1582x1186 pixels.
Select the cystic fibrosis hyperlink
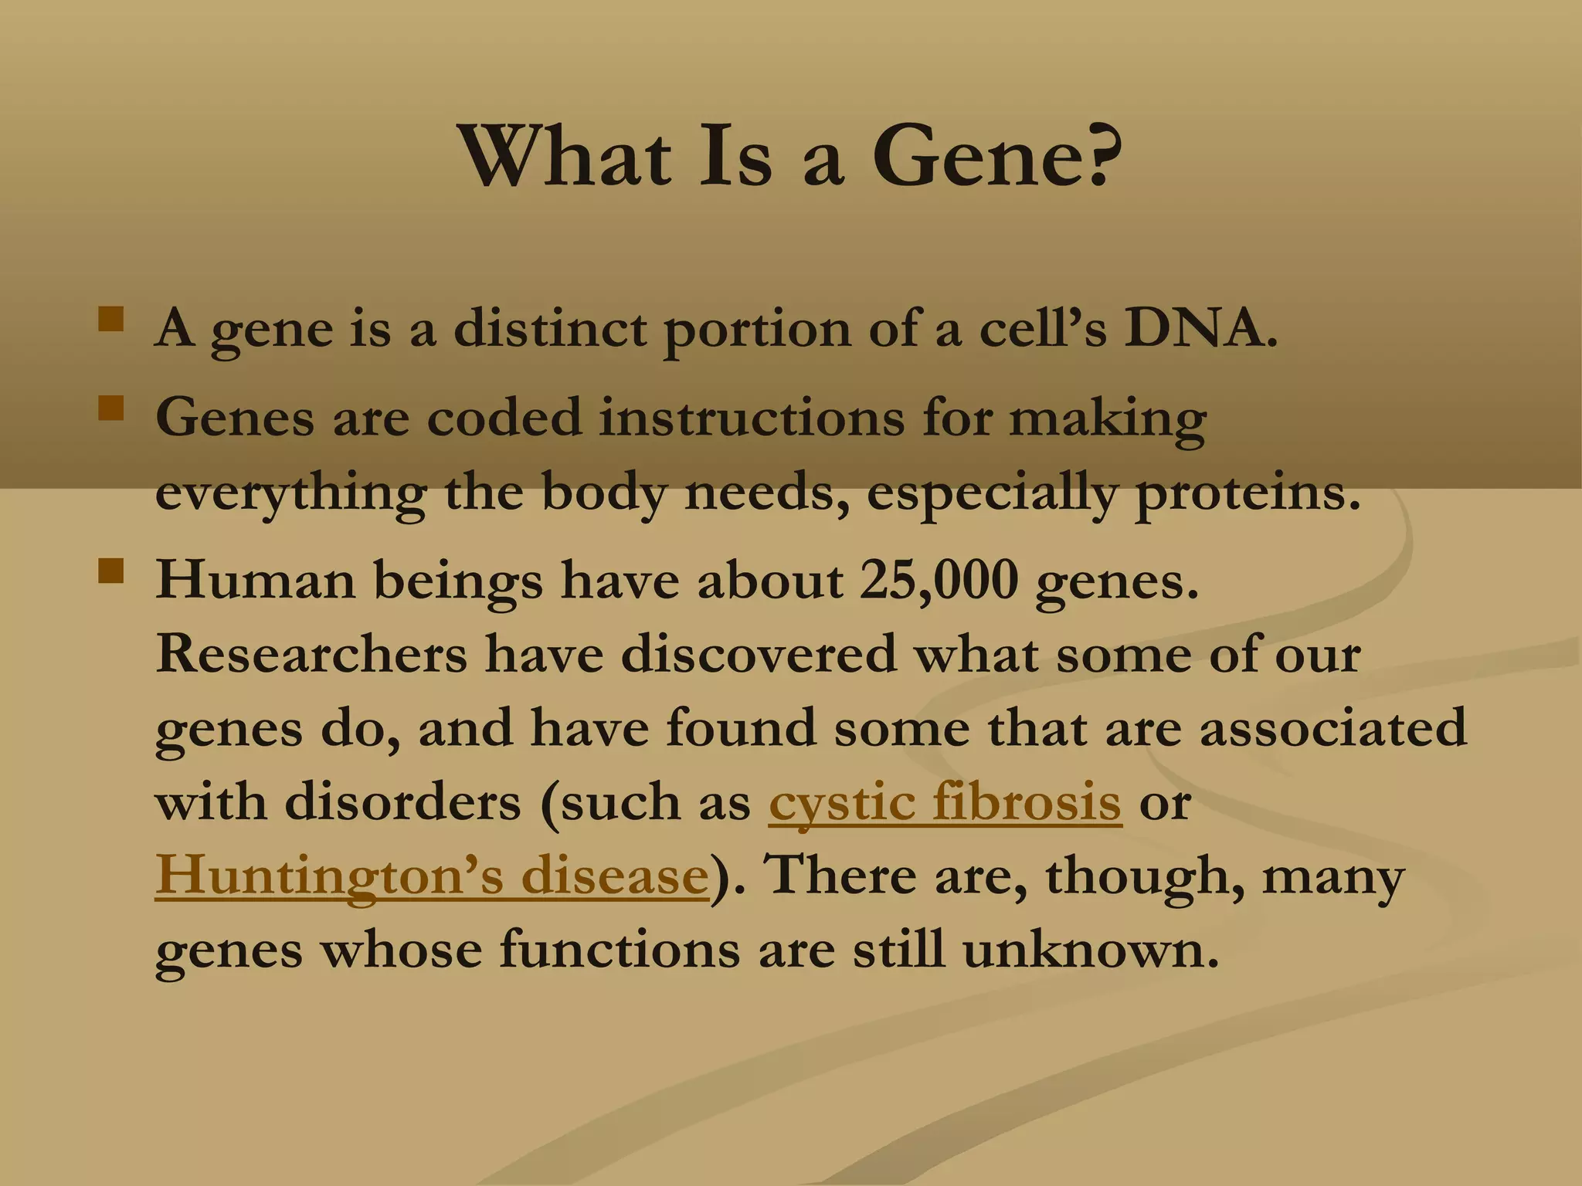pyautogui.click(x=945, y=802)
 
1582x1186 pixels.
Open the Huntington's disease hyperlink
pyautogui.click(x=432, y=876)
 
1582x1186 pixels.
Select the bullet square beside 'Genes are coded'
pyautogui.click(x=111, y=408)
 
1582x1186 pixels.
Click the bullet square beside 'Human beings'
pyautogui.click(x=111, y=571)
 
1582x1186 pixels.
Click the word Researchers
pyautogui.click(x=311, y=654)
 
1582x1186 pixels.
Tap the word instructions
pyautogui.click(x=752, y=418)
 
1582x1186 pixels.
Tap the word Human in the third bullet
pyautogui.click(x=256, y=579)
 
